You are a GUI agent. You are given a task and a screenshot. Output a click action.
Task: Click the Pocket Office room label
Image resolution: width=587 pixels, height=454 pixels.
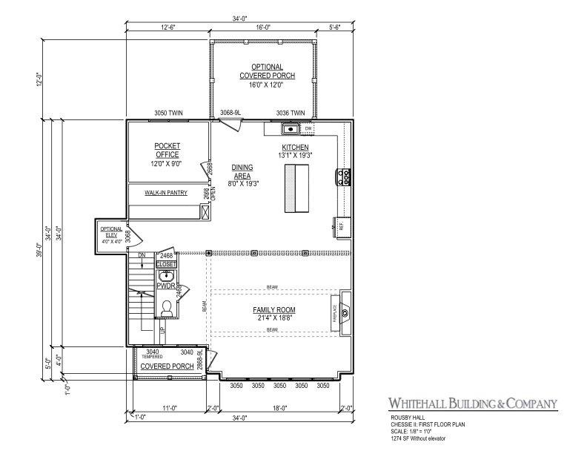[168, 150]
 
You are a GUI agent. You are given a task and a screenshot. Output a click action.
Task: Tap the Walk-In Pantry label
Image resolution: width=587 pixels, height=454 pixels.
[165, 193]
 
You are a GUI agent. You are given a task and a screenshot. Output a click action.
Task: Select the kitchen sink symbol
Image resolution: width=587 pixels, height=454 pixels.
[290, 129]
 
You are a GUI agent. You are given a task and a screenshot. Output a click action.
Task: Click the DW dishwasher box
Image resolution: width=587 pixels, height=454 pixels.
[308, 129]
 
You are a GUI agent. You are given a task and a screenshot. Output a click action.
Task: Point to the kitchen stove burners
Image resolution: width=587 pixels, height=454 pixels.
[345, 177]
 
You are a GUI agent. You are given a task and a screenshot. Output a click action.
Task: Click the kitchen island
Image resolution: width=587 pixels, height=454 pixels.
[297, 188]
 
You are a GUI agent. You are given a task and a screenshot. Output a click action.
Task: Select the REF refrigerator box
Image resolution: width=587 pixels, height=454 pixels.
[342, 225]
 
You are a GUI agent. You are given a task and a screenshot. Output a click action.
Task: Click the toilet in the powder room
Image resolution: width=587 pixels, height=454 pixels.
[167, 308]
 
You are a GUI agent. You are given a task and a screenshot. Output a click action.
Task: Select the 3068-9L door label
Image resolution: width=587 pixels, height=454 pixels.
[231, 113]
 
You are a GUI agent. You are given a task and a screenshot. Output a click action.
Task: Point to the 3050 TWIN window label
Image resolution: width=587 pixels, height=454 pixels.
[168, 113]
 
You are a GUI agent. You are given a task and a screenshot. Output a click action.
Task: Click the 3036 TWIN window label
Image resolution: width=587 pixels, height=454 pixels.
[291, 113]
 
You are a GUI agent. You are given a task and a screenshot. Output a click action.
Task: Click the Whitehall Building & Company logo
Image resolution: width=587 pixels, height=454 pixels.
[472, 404]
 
